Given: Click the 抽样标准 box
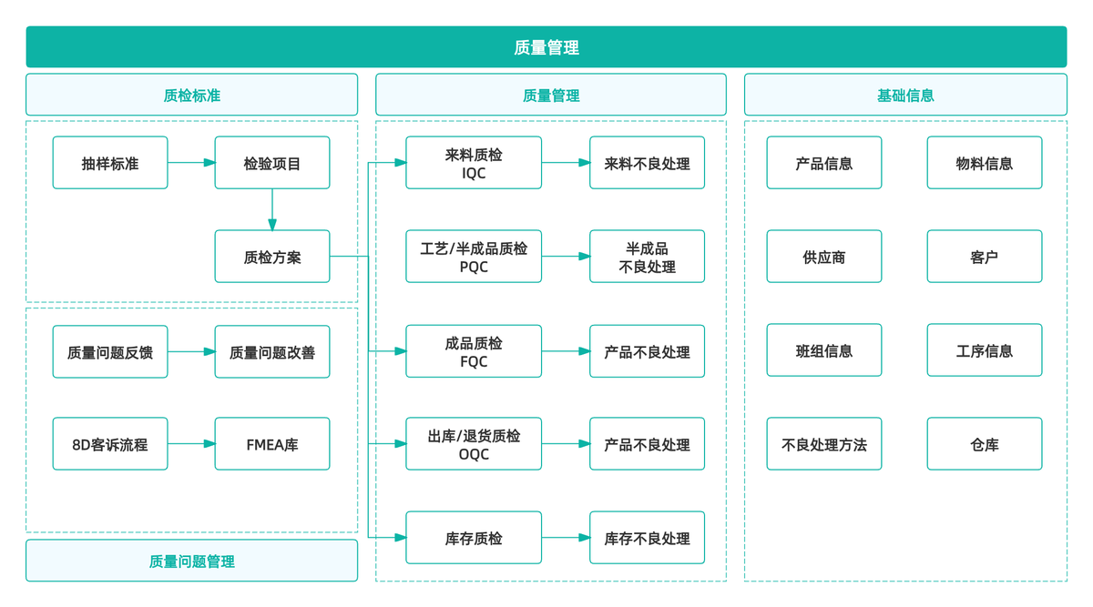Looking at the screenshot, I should pos(110,163).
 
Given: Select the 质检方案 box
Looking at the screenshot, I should pos(272,257).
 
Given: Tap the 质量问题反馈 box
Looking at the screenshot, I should pos(110,351).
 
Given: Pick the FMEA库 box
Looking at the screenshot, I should pos(272,444).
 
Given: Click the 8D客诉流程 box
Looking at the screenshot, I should pos(110,444).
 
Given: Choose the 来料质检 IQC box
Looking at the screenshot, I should pos(474,163).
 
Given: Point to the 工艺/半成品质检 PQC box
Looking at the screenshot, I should pos(474,257).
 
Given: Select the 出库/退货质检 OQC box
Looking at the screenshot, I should pos(474,444).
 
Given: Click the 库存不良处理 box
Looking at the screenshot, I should pos(647,538).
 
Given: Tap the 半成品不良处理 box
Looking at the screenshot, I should pos(647,257).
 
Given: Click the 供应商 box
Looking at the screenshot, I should pos(823,257).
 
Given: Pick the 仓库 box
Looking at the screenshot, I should pos(984,444).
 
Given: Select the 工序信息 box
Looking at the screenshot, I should pos(984,350).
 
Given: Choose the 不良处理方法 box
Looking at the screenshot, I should pos(823,444).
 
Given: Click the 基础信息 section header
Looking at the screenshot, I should pos(905,95).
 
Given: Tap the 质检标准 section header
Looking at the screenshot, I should pos(191,95).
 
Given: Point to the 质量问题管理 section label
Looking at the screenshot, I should pos(191,561).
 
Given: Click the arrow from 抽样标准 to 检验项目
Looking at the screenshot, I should pos(191,163).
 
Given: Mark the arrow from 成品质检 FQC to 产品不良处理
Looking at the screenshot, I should pos(566,351).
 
